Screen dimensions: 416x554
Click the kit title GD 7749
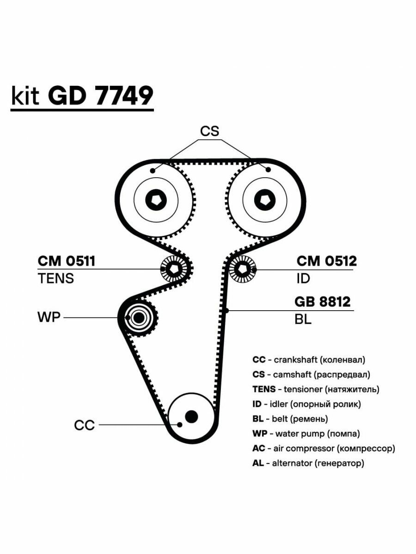tap(100, 96)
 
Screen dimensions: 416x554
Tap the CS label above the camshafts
tap(209, 131)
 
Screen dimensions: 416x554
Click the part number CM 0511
tap(67, 261)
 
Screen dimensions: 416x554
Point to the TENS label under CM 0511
tap(56, 278)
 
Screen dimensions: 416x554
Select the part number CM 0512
tap(327, 261)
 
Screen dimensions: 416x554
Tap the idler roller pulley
tap(243, 269)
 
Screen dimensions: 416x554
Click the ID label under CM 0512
tap(303, 278)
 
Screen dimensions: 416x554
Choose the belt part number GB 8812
tap(323, 301)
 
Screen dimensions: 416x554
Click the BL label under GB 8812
tap(303, 319)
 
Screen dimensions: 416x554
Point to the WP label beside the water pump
tap(49, 317)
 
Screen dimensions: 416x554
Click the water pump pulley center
tap(138, 318)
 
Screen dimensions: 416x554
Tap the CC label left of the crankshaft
tap(84, 425)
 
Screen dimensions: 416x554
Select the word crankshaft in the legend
tap(296, 360)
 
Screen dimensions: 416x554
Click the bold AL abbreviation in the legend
tap(258, 463)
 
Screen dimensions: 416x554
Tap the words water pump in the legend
tap(300, 434)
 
